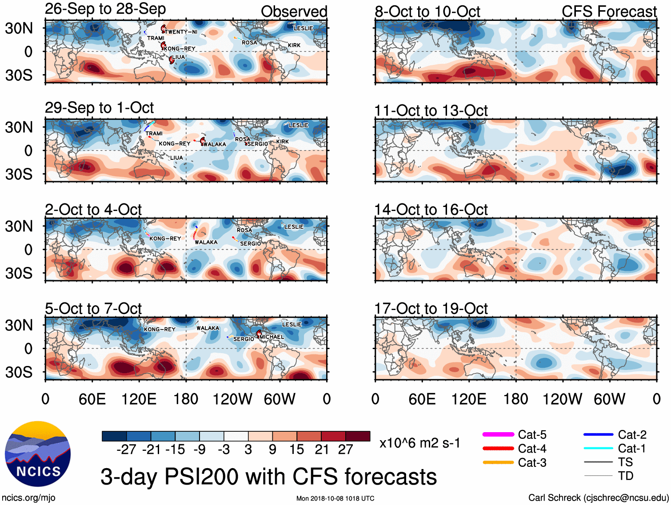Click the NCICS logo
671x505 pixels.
(x=37, y=453)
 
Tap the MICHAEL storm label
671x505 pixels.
(x=272, y=337)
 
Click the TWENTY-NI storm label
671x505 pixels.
(x=181, y=32)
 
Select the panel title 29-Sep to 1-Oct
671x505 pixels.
(x=99, y=107)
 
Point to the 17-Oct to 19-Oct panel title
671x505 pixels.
(x=431, y=308)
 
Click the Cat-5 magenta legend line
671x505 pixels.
(x=498, y=434)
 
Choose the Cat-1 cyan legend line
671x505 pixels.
(x=598, y=448)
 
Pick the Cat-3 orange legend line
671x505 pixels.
(x=498, y=462)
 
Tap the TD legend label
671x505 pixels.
(x=625, y=476)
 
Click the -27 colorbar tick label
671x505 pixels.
(x=126, y=449)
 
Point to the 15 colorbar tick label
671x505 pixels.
(x=296, y=449)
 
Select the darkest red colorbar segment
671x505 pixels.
(x=358, y=436)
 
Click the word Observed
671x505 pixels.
(x=294, y=12)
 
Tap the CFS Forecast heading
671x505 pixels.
(x=609, y=12)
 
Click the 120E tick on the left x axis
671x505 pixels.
(x=139, y=399)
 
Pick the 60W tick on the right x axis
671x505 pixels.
(x=609, y=399)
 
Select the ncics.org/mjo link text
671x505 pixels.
(x=28, y=497)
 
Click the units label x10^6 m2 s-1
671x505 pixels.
(x=419, y=443)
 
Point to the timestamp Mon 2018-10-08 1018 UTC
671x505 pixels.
(x=335, y=498)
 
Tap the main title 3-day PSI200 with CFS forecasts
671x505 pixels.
(x=268, y=477)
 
